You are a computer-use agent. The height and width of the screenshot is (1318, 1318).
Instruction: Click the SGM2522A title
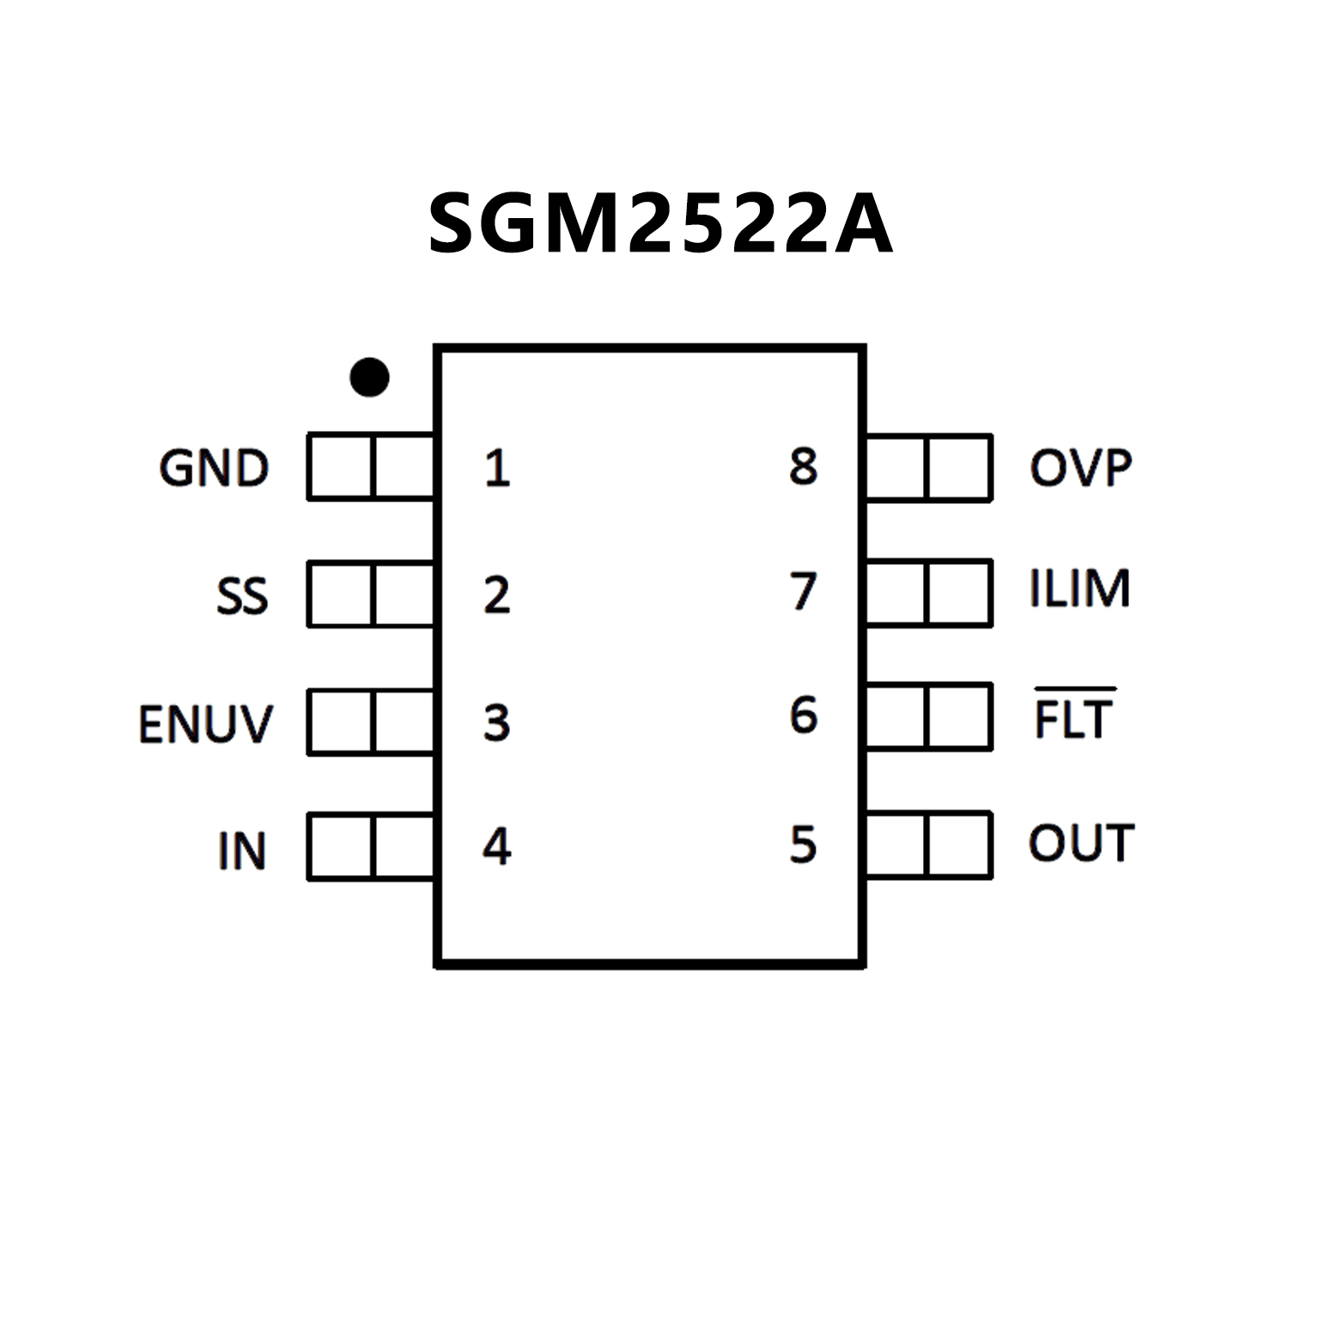(659, 224)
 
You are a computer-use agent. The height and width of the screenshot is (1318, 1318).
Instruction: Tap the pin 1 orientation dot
(369, 377)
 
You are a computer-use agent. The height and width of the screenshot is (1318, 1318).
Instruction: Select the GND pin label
(214, 469)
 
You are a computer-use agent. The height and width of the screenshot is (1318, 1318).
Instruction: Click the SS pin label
(242, 596)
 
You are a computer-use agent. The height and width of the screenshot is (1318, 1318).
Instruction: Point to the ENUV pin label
(205, 724)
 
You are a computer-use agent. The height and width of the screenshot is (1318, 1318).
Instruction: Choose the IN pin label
(242, 851)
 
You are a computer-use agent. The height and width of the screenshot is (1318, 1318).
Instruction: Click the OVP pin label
(1081, 468)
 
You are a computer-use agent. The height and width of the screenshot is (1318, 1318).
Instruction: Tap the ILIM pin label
(1079, 589)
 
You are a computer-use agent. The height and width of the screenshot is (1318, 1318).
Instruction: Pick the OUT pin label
(1081, 843)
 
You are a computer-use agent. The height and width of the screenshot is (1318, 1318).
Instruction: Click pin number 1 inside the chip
(497, 469)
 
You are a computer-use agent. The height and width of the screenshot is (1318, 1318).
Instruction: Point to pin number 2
(497, 595)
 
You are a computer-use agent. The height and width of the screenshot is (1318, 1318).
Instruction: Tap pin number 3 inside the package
(497, 723)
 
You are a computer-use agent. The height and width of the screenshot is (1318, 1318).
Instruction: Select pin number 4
(497, 847)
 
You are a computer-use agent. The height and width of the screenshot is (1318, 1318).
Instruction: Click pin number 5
(803, 844)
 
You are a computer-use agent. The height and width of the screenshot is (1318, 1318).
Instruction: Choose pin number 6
(803, 715)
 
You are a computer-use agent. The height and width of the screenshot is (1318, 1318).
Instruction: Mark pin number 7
(803, 591)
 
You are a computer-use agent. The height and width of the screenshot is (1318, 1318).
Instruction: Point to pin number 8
(803, 466)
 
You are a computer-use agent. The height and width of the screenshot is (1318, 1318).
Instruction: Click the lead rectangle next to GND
(371, 467)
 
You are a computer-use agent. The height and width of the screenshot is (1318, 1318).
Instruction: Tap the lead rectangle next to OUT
(929, 846)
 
